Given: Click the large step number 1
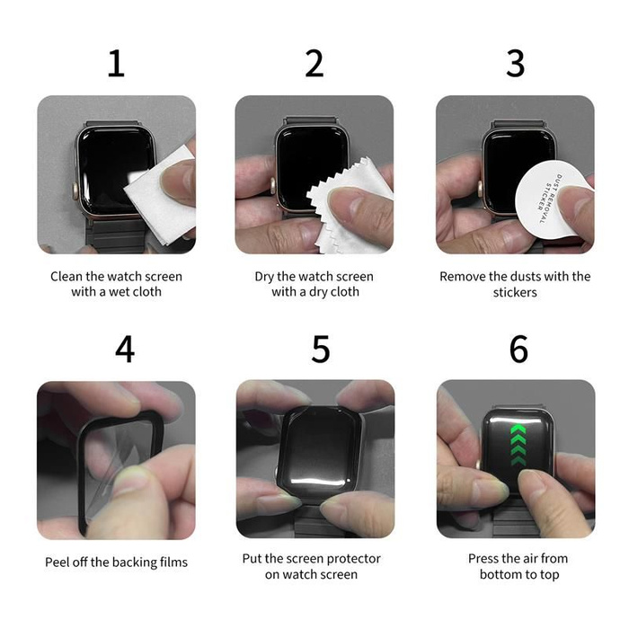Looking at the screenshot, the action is click(116, 64).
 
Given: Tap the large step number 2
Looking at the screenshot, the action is click(314, 64).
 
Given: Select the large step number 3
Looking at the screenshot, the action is click(515, 64).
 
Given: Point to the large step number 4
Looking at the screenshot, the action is click(125, 349).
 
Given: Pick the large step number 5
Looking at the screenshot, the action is click(321, 349).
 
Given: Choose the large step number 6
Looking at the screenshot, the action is click(518, 349).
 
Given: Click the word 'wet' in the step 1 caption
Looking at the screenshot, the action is click(119, 292).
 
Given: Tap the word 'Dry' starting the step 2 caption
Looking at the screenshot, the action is click(264, 277).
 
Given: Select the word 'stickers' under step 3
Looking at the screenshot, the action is click(515, 292).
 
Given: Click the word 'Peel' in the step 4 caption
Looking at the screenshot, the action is click(56, 562).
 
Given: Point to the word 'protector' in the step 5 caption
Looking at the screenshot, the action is click(356, 559).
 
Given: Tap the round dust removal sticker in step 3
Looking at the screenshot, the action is click(550, 199).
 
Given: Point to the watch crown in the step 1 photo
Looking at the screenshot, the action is click(75, 188).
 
